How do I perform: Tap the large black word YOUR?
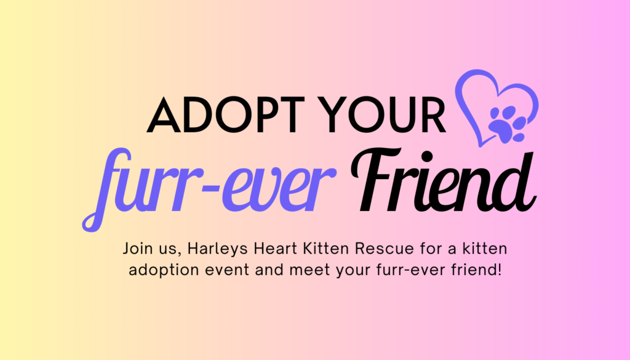click(384, 115)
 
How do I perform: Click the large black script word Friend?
click(444, 181)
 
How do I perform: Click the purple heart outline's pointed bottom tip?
click(480, 145)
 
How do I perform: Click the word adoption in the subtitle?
click(164, 270)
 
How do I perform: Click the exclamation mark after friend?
click(500, 269)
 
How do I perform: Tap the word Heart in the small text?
click(275, 249)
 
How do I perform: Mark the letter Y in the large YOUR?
click(336, 115)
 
